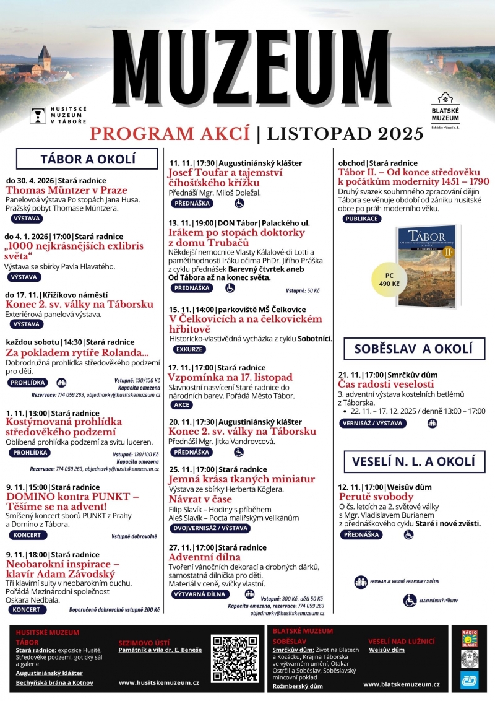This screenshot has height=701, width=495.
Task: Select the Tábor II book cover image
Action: [x=427, y=266]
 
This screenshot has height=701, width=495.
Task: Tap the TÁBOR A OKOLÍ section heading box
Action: [x=87, y=159]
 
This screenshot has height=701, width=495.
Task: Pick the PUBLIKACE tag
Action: [x=363, y=218]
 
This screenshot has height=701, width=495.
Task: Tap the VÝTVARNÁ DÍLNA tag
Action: [x=204, y=594]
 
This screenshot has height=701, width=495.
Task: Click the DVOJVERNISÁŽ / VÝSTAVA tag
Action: [x=210, y=528]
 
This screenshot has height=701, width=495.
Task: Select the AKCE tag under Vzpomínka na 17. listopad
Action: [x=183, y=404]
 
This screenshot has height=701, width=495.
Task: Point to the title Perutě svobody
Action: [x=376, y=496]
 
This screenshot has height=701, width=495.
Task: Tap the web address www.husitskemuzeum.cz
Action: [x=159, y=682]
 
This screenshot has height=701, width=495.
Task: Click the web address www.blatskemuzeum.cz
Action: [x=402, y=684]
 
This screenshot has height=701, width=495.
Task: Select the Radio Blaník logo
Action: [x=470, y=638]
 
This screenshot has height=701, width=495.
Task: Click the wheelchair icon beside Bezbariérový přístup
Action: [x=410, y=600]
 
